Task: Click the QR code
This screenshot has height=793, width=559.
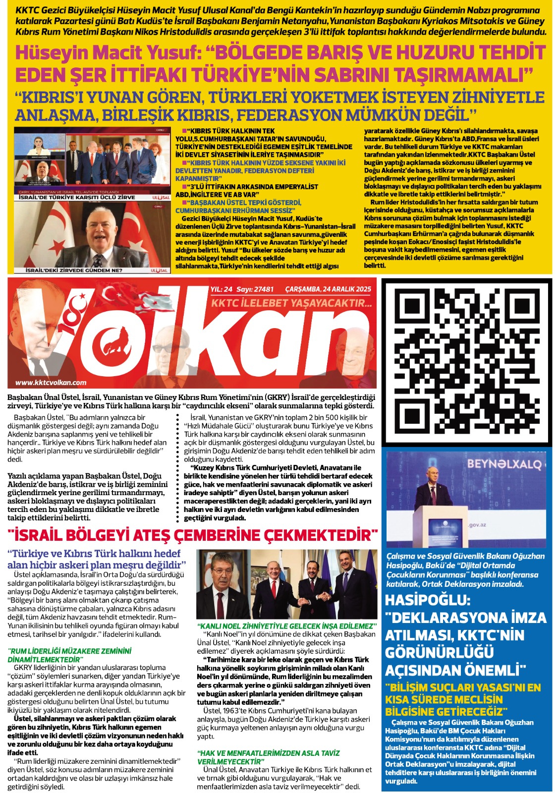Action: pos(466,362)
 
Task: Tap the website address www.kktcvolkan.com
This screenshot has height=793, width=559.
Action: pos(51,382)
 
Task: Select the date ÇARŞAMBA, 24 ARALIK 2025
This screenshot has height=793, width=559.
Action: pos(328,289)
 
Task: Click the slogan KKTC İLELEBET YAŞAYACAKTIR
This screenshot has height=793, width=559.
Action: pos(291,303)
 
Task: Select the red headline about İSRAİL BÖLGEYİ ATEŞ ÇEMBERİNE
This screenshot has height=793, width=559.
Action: pos(193,535)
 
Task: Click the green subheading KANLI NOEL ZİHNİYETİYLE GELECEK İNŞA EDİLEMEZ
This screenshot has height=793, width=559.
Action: pos(285,626)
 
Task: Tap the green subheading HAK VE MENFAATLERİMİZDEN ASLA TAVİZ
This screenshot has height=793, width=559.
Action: pos(268,757)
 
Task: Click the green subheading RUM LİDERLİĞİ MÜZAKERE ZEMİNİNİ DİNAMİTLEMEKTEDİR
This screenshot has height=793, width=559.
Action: pos(69,655)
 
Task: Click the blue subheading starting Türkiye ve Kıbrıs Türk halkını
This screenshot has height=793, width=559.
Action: pos(97,559)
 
